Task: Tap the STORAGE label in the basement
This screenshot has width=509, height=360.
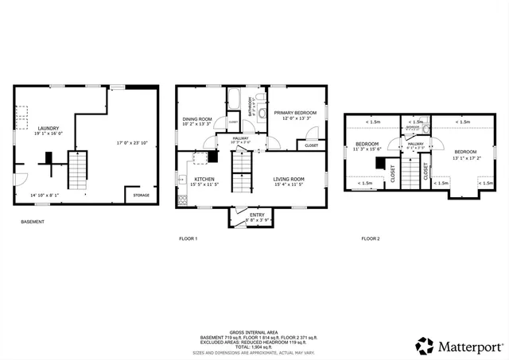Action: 141,195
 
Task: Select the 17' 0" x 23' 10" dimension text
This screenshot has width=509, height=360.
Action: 132,142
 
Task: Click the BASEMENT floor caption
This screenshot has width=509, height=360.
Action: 33,222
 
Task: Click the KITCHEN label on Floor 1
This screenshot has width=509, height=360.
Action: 204,180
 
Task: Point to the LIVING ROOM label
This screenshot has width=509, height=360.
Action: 289,180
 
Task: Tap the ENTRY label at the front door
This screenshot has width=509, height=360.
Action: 257,215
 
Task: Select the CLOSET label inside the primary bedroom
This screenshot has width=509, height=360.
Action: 311,145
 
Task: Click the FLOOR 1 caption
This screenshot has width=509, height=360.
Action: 188,238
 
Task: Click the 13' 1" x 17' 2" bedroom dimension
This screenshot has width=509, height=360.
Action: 466,156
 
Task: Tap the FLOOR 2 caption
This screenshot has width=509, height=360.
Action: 371,238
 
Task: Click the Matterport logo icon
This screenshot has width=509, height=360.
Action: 425,346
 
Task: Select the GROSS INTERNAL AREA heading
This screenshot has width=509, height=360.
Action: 254,332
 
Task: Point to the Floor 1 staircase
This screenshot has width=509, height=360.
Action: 241,168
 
